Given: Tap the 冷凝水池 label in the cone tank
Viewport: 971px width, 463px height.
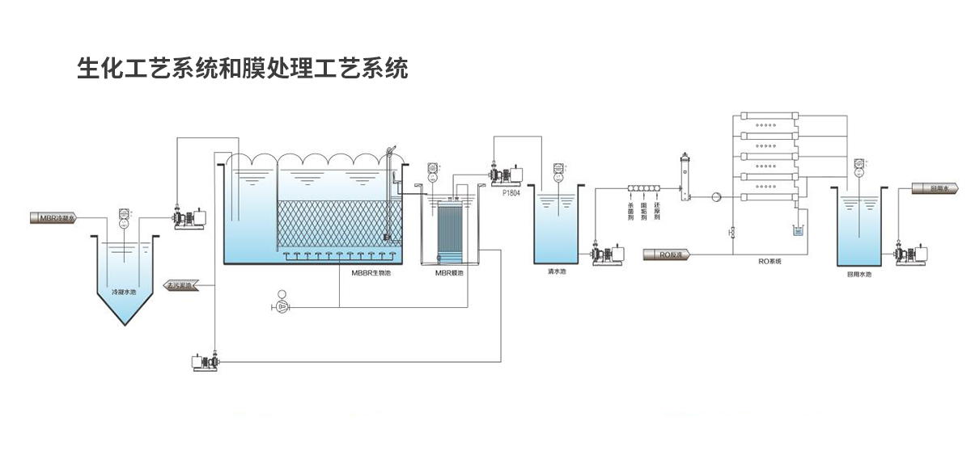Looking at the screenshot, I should point(124,291).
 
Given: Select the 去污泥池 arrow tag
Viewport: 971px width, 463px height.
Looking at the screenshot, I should point(186,285).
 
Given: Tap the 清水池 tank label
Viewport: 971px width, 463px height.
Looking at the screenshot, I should point(557,272).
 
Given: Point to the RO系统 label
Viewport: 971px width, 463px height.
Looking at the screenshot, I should point(770,261).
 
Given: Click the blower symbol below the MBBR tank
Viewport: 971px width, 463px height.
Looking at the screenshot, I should point(282,306).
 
